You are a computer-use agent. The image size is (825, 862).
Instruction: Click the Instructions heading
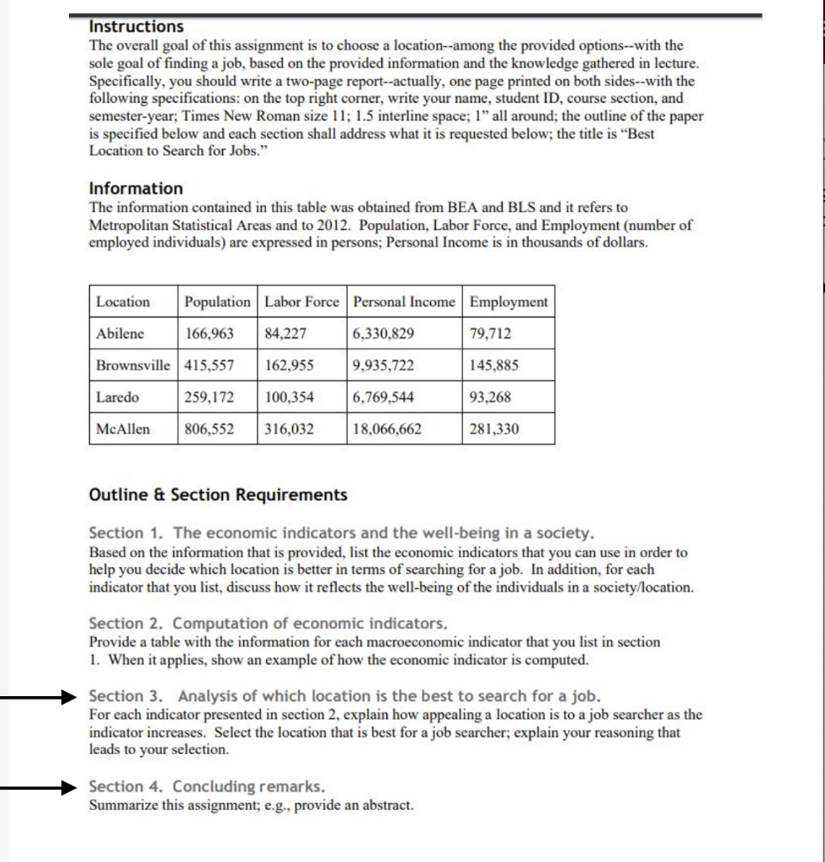coord(136,28)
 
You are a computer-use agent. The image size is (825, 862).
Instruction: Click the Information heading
coord(136,189)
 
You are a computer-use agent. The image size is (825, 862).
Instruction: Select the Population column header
coord(217,302)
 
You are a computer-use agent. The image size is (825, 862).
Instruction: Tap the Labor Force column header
coord(301,302)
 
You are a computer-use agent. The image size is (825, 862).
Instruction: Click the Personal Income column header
coord(404,302)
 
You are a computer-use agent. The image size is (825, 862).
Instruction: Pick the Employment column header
coord(508,302)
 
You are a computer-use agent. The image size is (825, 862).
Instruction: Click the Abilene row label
coord(120,333)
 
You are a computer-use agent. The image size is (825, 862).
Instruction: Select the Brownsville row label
coord(133,365)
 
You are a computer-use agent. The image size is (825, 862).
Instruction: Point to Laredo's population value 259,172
coord(209,397)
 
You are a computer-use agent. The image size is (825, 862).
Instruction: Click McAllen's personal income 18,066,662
coord(387,429)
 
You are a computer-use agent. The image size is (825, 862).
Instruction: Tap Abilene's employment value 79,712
coord(490,333)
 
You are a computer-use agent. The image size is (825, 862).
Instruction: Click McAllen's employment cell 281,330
coord(494,429)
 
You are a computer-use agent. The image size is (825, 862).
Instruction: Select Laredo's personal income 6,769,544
coord(384,397)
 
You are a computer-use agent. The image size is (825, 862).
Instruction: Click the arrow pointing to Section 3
coord(38,697)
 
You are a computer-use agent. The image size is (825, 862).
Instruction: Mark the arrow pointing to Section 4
coord(38,788)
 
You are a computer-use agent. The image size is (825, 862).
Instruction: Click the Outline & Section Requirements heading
coord(218,495)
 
